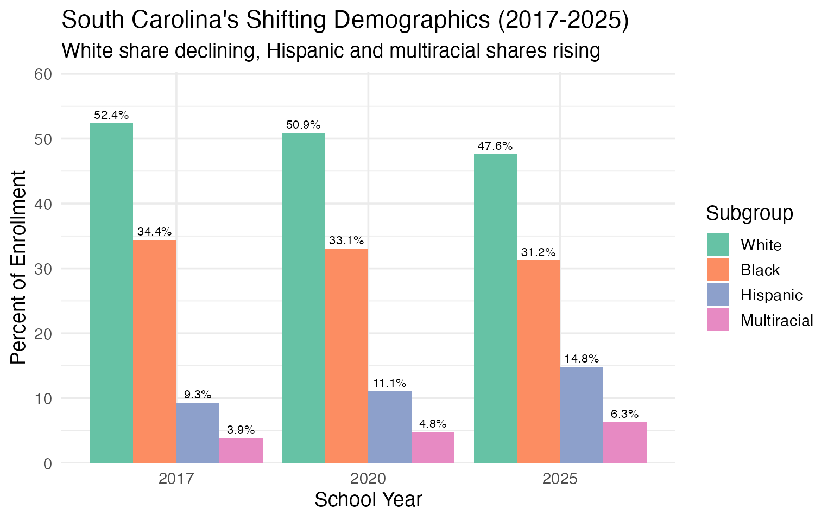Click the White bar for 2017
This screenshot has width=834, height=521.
[111, 293]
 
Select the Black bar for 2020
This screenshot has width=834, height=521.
[346, 355]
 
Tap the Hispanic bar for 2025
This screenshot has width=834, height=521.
[582, 415]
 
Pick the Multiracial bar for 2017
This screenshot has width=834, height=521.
[241, 450]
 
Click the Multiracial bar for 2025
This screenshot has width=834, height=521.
[625, 442]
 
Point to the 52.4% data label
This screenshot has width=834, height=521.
[111, 115]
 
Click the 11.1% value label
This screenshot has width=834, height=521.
[390, 383]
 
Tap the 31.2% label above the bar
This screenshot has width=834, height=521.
[538, 252]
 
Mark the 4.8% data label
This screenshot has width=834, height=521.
[433, 424]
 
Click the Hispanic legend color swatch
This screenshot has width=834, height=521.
[718, 295]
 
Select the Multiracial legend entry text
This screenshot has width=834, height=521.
[776, 321]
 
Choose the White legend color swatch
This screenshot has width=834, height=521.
[718, 245]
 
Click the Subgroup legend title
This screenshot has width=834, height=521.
[749, 213]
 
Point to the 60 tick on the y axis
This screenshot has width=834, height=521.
[43, 74]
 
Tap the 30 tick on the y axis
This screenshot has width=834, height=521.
[43, 269]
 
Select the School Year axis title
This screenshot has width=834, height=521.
[368, 500]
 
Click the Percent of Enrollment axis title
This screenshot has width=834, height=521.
[18, 268]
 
